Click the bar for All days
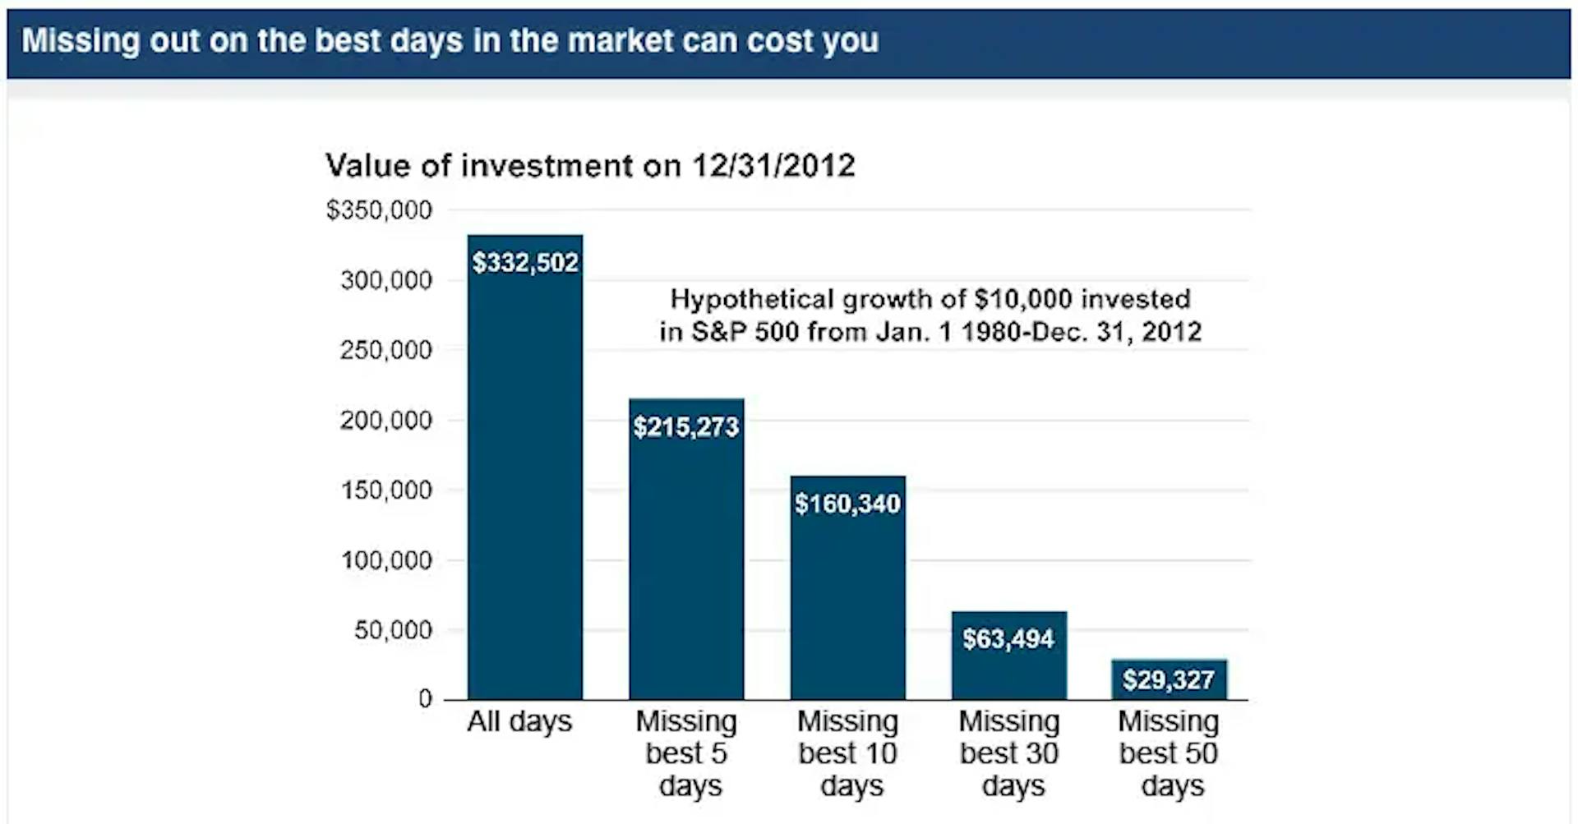pyautogui.click(x=525, y=467)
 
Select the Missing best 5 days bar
pyautogui.click(x=686, y=549)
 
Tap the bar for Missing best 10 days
pyautogui.click(x=848, y=587)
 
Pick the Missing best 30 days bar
pyautogui.click(x=1009, y=656)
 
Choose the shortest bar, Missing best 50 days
pyautogui.click(x=1170, y=679)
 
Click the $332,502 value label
pyautogui.click(x=525, y=263)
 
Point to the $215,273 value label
pyautogui.click(x=686, y=427)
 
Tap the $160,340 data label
pyautogui.click(x=847, y=504)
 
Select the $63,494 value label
pyautogui.click(x=1008, y=638)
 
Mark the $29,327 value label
pyautogui.click(x=1169, y=679)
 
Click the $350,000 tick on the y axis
pyautogui.click(x=379, y=210)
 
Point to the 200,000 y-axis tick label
pyautogui.click(x=386, y=421)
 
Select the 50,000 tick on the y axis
pyautogui.click(x=394, y=630)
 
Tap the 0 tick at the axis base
pyautogui.click(x=425, y=699)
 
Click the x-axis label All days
pyautogui.click(x=519, y=721)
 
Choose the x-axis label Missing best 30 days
pyautogui.click(x=1010, y=753)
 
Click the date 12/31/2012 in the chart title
pyautogui.click(x=773, y=166)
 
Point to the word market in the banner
pyautogui.click(x=621, y=40)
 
